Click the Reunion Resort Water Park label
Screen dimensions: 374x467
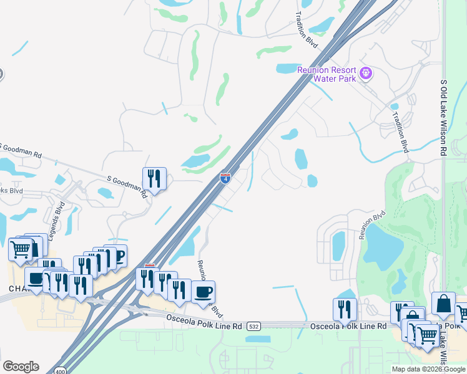click(327, 74)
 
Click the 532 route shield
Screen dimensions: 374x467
click(253, 325)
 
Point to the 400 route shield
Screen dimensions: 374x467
click(60, 370)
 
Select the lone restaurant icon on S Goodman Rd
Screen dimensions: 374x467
click(154, 179)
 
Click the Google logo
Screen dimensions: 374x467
click(21, 367)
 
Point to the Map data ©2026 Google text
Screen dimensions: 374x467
click(428, 369)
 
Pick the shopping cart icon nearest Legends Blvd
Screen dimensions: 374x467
click(20, 249)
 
